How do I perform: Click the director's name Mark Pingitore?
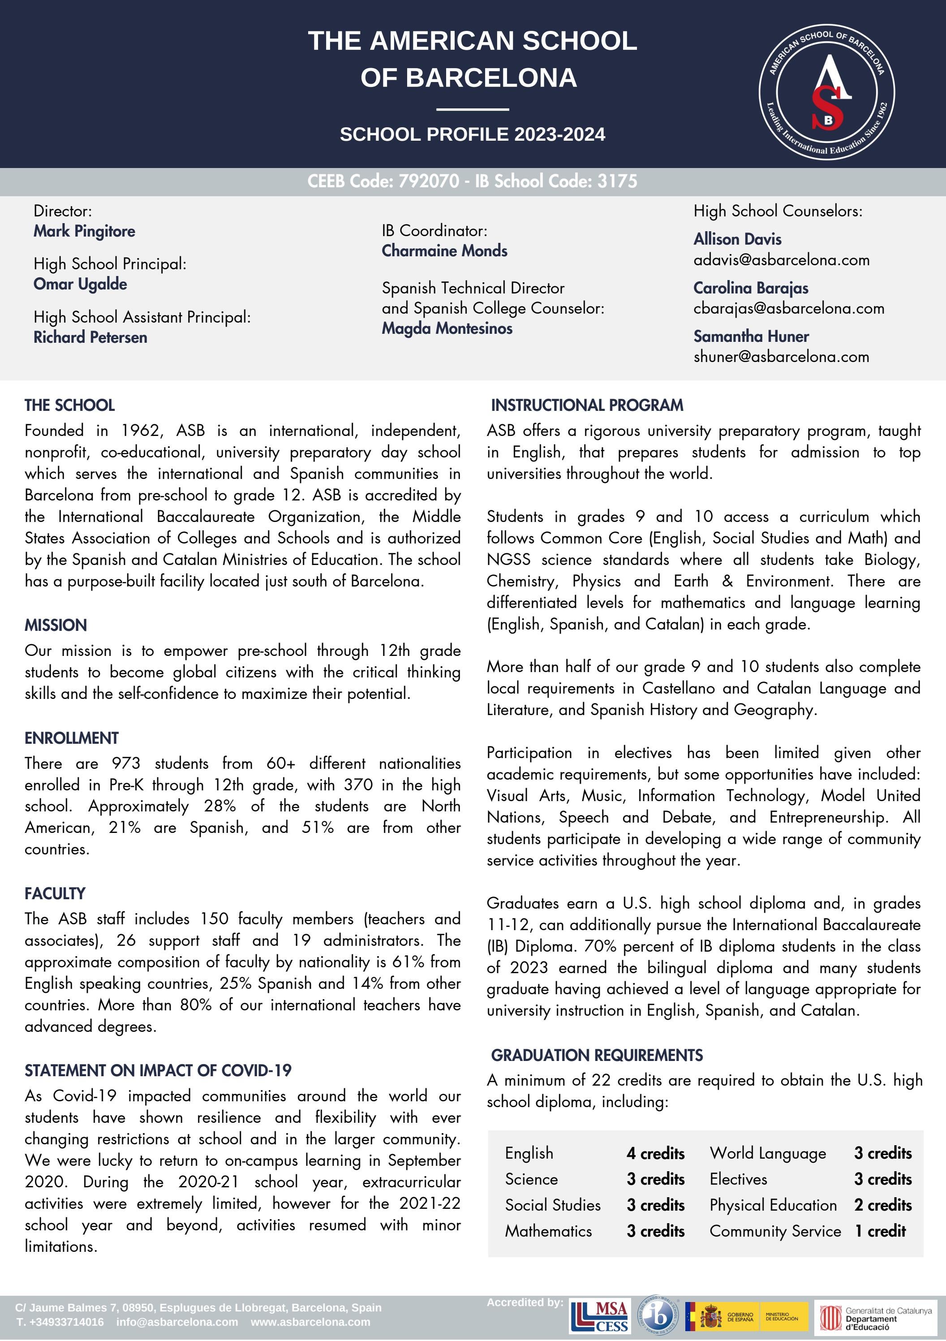click(x=84, y=231)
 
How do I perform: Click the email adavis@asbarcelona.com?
click(x=781, y=260)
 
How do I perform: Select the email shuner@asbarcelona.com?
click(x=781, y=356)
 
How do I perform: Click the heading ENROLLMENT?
click(x=71, y=738)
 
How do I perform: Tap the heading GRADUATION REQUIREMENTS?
click(x=597, y=1056)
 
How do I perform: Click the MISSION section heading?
click(x=56, y=625)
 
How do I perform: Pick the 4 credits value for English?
click(x=655, y=1154)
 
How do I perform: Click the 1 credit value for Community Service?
click(x=881, y=1231)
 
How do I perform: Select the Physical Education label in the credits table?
click(x=773, y=1205)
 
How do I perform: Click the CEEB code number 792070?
click(x=429, y=181)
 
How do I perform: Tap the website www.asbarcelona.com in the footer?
click(x=311, y=1322)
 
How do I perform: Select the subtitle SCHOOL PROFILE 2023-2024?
click(x=473, y=135)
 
